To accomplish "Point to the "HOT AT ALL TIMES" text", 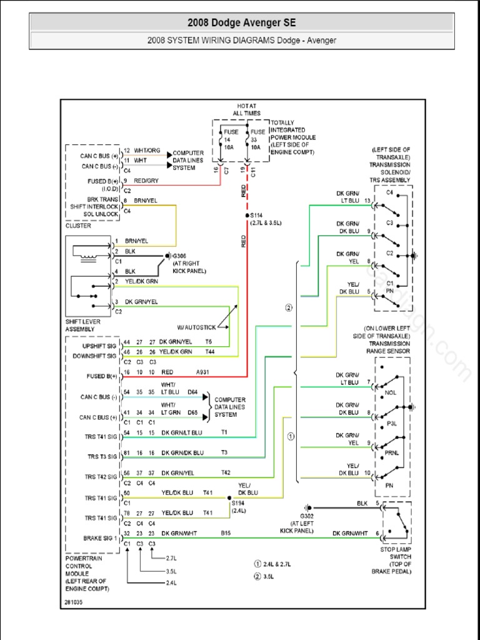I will (246, 109).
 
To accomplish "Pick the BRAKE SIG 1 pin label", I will (100, 537).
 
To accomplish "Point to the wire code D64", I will (193, 392).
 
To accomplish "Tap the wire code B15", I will (226, 533).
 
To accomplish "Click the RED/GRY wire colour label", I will (147, 181).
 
